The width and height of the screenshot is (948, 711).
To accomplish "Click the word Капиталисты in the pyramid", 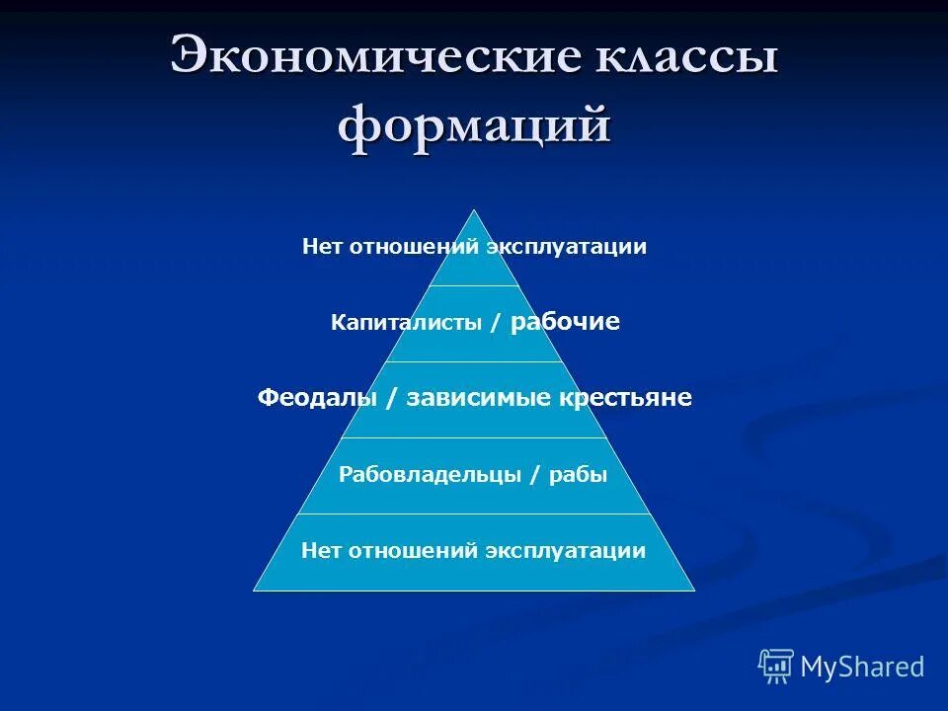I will pos(406,323).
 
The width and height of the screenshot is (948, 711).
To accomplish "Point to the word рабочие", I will pos(566,322).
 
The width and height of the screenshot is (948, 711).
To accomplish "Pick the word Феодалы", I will pos(318,398).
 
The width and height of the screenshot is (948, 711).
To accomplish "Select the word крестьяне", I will pos(626,398).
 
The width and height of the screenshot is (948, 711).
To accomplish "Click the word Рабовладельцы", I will pos(430,475).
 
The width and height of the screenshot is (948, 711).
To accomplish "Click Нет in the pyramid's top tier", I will pos(321,247).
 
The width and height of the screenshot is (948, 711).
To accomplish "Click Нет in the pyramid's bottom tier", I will pos(321,551).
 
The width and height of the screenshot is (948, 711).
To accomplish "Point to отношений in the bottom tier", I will pos(413,551).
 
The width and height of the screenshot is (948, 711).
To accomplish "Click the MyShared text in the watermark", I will pos(862,667).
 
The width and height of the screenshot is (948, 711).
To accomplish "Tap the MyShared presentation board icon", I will pos(776,667).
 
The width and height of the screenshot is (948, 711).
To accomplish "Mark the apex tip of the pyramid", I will pos(475,211).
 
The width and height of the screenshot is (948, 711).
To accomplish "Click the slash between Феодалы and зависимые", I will pos(394,398).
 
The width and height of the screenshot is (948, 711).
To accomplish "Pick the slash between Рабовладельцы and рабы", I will pos(534,475).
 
